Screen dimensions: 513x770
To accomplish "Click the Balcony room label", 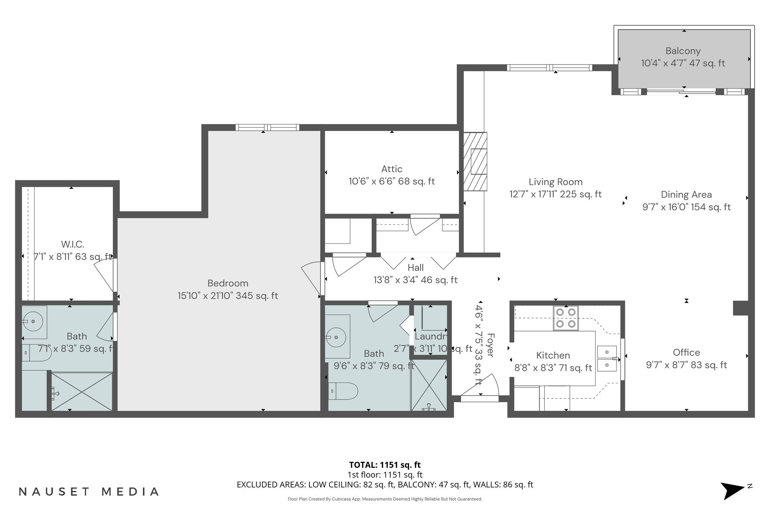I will (683, 51).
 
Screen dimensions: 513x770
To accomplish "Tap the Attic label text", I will (392, 169).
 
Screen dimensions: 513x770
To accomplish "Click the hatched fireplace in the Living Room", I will (475, 162).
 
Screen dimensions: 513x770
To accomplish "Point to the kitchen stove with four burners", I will (565, 318).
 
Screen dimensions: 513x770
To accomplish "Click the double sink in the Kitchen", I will (607, 358).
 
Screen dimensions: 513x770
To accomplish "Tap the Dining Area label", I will (686, 194).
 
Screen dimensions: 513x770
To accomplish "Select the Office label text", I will (686, 352).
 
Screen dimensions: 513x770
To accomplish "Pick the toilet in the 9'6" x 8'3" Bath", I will (343, 391).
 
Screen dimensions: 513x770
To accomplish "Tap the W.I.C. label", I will (73, 244).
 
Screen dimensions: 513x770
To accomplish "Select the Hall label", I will (415, 268).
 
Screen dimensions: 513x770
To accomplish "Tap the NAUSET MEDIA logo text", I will (89, 492).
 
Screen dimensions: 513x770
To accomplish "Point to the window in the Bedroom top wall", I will (267, 127).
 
